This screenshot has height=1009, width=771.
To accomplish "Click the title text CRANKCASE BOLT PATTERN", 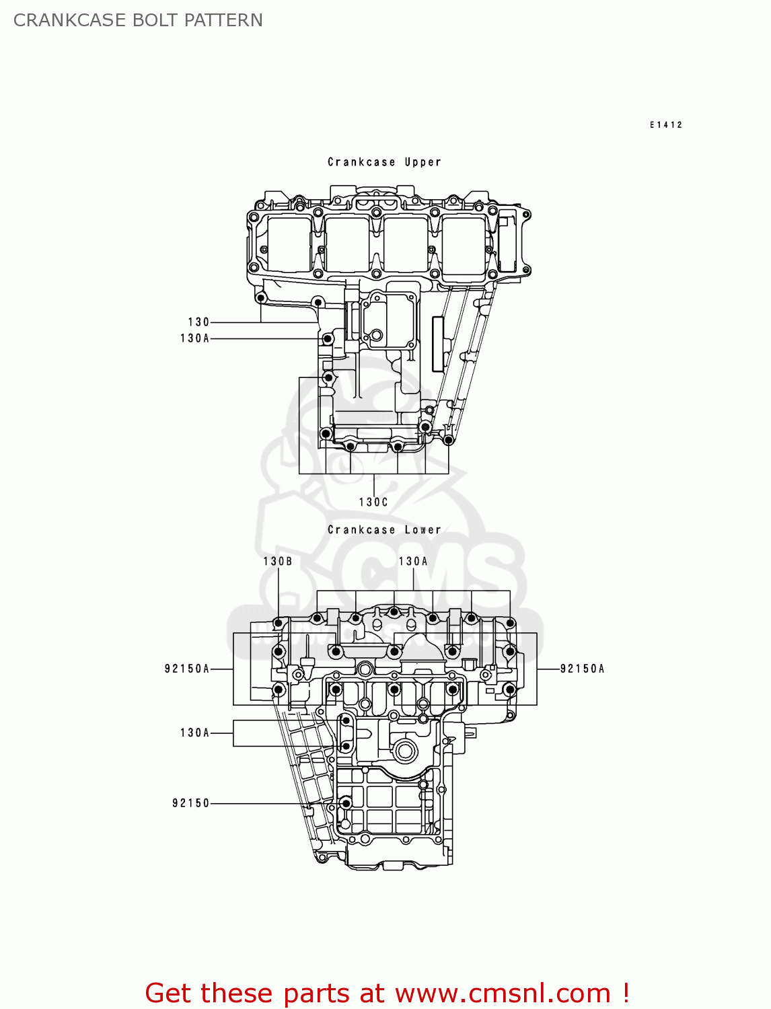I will coord(138,20).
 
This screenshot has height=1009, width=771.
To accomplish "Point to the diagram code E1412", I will coord(665,125).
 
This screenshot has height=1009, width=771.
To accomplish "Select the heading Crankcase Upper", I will coord(384,162).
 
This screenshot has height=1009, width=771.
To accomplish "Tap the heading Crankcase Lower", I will coord(384,530).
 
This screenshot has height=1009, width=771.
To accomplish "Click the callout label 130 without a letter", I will coord(198,322).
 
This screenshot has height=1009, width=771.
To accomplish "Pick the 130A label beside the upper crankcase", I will coord(194,338).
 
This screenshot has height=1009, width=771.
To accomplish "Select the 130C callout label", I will coord(373,502).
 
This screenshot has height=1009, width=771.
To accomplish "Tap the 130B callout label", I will coord(277,561).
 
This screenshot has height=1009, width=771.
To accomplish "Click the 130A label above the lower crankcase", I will coord(413,561).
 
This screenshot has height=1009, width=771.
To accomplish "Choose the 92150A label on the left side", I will coord(187,669).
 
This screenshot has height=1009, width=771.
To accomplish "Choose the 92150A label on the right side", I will coord(582,669).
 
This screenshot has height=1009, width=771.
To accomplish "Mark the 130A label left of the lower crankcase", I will coord(194,733).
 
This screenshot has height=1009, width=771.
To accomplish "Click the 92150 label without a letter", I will coord(191,803).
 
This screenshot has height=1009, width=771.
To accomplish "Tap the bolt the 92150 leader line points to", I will coord(346,803).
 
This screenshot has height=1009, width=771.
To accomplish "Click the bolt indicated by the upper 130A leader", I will coord(328,338).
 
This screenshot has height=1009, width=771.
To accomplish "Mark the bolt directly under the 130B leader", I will coord(279,624).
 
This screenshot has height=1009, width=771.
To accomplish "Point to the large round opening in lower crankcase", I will coord(405,751).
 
